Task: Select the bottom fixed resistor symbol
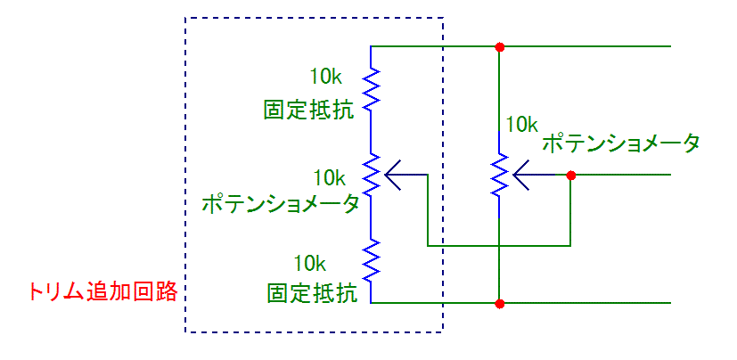point(372,259)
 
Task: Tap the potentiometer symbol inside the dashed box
point(372,175)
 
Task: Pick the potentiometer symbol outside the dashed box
point(500,175)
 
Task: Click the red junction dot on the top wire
point(500,45)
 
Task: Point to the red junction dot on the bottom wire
point(500,304)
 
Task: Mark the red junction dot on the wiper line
point(570,175)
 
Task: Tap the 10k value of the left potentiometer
point(329,176)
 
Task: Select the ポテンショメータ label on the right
point(621,142)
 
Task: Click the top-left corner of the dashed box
point(185,17)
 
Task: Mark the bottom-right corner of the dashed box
point(443,332)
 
